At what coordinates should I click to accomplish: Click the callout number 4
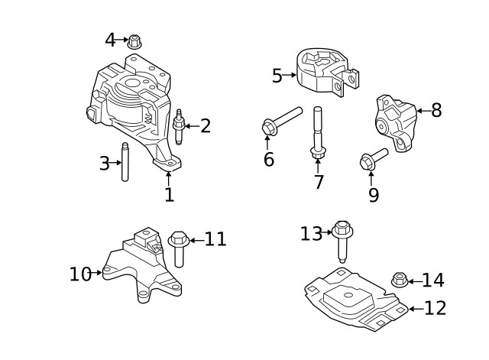pyautogui.click(x=111, y=39)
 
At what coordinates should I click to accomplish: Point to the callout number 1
pyautogui.click(x=169, y=194)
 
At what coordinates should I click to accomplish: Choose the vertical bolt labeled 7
pyautogui.click(x=317, y=135)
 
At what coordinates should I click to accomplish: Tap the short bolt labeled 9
pyautogui.click(x=373, y=158)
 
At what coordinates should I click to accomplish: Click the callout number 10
pyautogui.click(x=80, y=273)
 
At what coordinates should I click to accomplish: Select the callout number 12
pyautogui.click(x=435, y=308)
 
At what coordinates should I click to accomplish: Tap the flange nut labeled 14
pyautogui.click(x=397, y=281)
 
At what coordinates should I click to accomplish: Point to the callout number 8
pyautogui.click(x=436, y=110)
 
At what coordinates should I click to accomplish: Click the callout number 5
pyautogui.click(x=277, y=75)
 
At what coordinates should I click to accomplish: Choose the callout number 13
pyautogui.click(x=311, y=233)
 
